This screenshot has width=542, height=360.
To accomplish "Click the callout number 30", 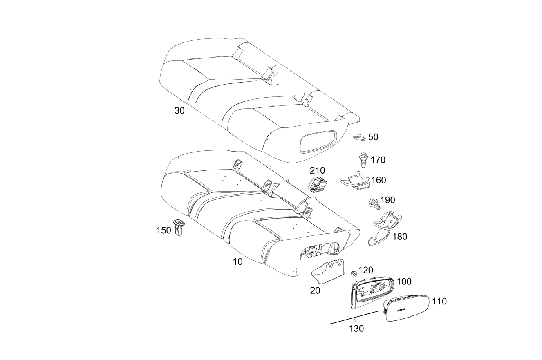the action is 179,111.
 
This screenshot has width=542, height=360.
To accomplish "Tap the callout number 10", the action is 237,262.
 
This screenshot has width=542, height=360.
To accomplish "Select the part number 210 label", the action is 318,170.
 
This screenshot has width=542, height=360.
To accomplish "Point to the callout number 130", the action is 356,329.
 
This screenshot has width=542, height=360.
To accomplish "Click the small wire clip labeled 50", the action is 359,138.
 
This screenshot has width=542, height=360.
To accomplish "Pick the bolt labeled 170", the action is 363,160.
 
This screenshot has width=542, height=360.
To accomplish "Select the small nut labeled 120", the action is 354,274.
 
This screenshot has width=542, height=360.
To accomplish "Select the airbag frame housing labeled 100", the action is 372,293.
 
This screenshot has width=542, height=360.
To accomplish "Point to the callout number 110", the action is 439,301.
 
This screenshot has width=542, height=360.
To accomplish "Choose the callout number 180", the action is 400,236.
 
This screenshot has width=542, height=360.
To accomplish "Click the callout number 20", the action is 315,290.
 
